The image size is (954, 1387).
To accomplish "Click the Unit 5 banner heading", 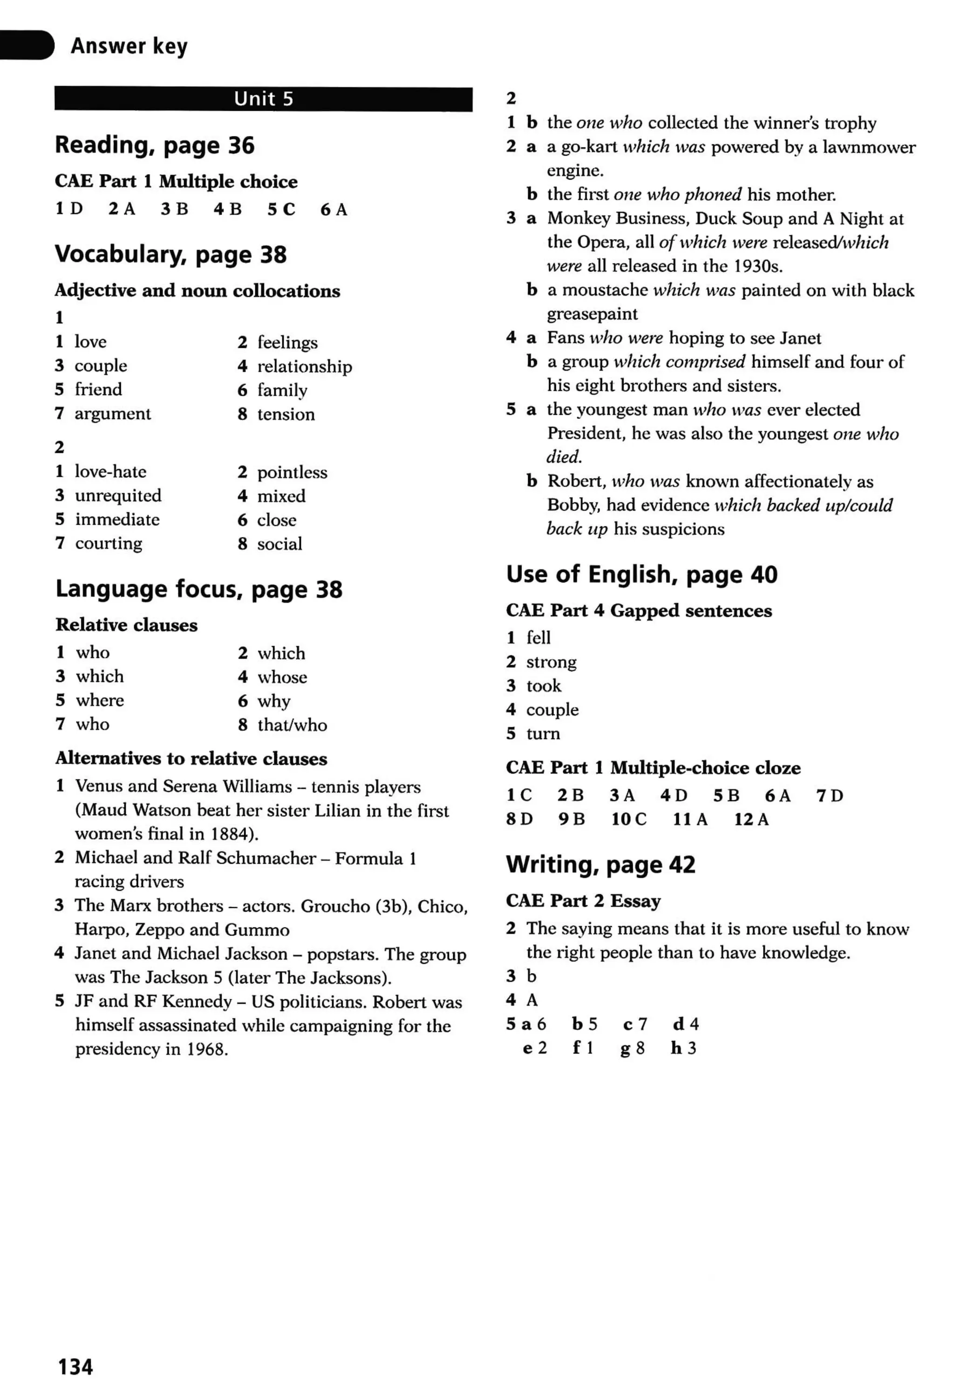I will click(264, 99).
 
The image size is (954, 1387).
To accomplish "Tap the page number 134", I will click(75, 1366).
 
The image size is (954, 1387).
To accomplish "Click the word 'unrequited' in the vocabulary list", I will click(118, 496).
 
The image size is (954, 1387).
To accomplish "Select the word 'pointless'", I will click(292, 473).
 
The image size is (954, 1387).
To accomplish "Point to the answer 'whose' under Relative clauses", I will click(282, 677).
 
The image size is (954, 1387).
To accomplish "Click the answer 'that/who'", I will click(292, 725).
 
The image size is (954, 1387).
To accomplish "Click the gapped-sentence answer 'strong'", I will click(551, 662).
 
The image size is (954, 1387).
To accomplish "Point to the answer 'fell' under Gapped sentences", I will click(538, 638).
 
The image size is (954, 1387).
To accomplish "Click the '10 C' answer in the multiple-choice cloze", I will click(628, 819).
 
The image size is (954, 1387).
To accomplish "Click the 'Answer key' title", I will click(129, 46).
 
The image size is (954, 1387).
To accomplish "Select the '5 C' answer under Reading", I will click(281, 210).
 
